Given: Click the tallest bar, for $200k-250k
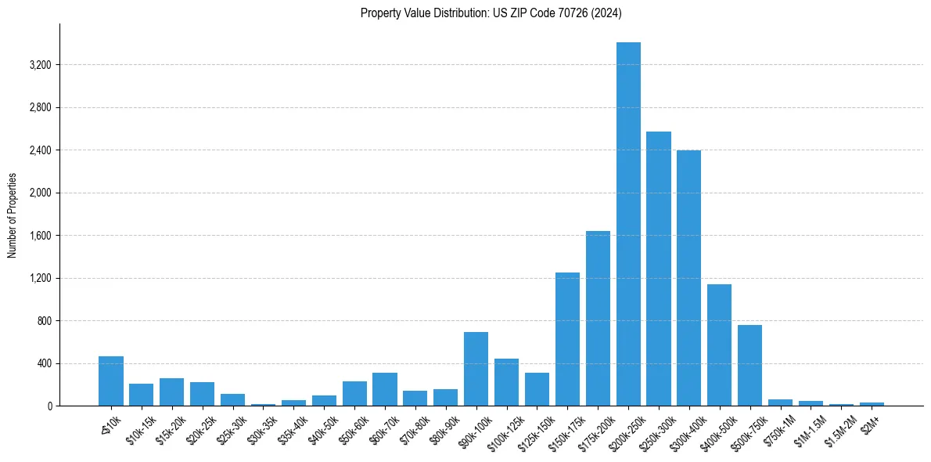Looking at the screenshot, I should click(628, 224).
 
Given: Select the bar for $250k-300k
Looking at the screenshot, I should click(659, 269).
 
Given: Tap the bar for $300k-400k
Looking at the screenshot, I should click(688, 278).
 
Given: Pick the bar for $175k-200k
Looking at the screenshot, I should click(598, 319).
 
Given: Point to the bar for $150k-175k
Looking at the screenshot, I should click(567, 339).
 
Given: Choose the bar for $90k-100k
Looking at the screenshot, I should click(476, 369).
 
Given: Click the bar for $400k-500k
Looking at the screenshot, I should click(719, 345).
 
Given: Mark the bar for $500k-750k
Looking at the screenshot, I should click(749, 366).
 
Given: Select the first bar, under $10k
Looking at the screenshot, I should click(111, 381).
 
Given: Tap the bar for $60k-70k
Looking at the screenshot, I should click(385, 389).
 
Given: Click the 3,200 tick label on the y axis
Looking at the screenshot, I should click(39, 65).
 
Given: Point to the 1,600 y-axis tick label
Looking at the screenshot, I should click(39, 236).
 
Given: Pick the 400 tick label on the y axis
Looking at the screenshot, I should click(44, 364).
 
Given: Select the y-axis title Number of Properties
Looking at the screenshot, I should click(12, 215).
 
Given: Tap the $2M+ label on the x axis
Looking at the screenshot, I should click(869, 422).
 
